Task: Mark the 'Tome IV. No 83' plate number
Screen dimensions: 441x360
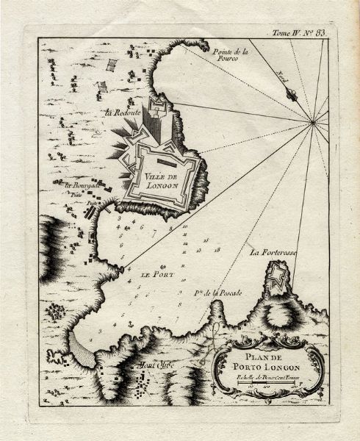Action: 303,32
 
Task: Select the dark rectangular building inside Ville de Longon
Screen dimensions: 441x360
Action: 162,156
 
